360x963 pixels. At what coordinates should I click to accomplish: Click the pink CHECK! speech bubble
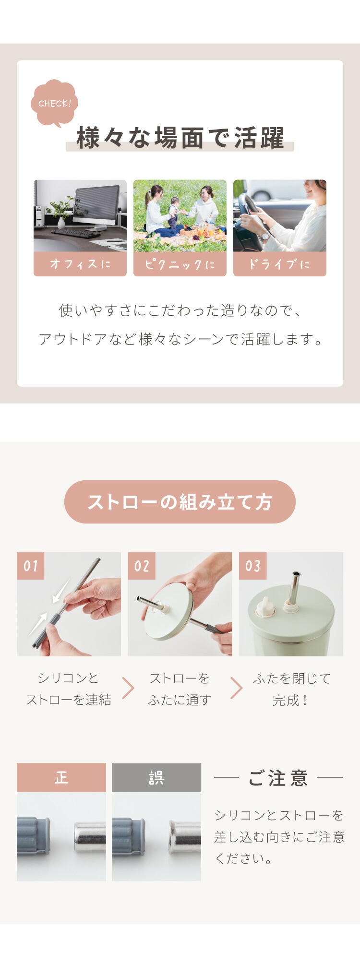(54, 103)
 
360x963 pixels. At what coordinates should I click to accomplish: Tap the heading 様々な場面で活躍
(180, 138)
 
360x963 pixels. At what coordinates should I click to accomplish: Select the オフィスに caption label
(80, 264)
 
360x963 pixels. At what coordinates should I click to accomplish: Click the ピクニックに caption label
(180, 264)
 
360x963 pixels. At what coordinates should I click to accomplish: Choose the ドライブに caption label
(280, 264)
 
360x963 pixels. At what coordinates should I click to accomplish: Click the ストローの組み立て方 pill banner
(180, 502)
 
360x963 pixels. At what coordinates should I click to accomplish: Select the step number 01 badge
(30, 566)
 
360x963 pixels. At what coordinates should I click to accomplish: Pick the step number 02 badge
(142, 566)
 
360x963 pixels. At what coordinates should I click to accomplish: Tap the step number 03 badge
(253, 566)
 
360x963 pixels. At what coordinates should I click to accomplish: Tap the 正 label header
(61, 778)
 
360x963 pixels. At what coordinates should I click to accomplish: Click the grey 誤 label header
(156, 778)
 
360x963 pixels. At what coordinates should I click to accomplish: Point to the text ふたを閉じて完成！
(291, 690)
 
